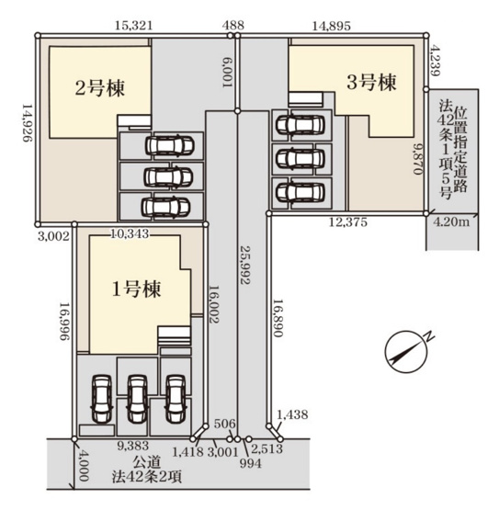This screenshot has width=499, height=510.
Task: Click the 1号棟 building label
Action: [x=137, y=289]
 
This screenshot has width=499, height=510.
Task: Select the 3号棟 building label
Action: [x=371, y=83]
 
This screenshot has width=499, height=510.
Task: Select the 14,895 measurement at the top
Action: [x=328, y=28]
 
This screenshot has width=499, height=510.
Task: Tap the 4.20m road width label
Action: [x=453, y=221]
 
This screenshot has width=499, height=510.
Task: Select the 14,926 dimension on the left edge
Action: [x=26, y=129]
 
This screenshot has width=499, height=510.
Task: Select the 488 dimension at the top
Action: [x=234, y=28]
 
